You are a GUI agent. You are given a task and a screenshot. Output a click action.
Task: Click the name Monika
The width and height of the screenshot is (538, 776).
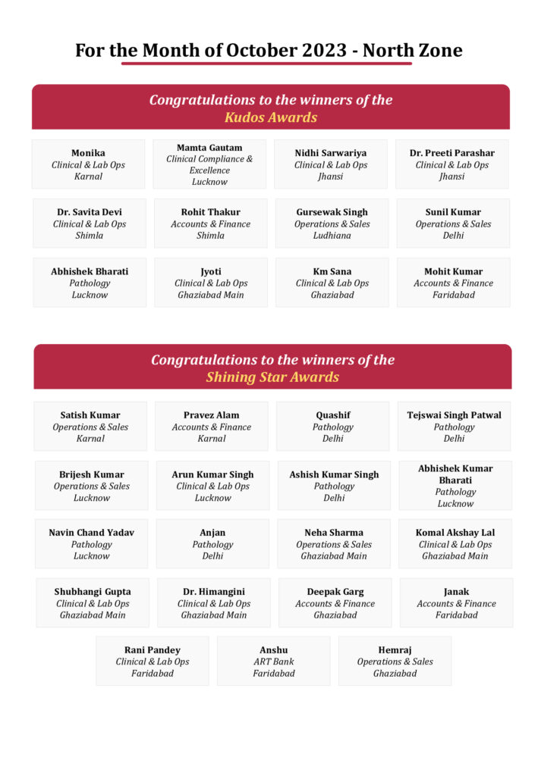click(88, 153)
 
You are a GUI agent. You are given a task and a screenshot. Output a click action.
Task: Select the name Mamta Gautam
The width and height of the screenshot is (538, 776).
click(209, 148)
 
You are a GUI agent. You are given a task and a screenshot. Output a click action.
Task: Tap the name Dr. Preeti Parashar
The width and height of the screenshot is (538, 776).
click(452, 153)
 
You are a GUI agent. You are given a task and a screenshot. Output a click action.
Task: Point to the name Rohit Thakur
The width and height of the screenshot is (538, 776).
click(210, 212)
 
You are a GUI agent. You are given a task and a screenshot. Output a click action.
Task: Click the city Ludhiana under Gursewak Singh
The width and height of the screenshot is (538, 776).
click(332, 236)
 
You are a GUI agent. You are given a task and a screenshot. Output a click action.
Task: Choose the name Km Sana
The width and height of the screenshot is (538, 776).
click(332, 271)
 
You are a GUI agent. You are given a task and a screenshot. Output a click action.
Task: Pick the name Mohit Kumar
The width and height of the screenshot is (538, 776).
click(453, 271)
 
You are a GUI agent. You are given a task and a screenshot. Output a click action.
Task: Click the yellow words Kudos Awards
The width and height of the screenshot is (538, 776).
click(271, 117)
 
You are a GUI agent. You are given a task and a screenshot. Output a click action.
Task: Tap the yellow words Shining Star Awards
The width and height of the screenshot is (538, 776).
click(272, 377)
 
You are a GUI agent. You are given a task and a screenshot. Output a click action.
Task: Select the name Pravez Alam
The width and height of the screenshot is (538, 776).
click(211, 415)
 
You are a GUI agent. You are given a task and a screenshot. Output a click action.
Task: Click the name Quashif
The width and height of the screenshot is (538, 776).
click(332, 415)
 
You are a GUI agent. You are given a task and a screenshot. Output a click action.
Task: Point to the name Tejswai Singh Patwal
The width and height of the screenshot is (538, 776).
click(454, 415)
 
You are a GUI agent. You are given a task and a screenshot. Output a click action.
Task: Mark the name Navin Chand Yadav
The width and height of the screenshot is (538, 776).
click(91, 533)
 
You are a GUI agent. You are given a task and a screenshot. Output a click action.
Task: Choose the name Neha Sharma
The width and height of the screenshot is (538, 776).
click(334, 533)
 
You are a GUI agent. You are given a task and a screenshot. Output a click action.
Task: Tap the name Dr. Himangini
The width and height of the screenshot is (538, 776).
click(214, 592)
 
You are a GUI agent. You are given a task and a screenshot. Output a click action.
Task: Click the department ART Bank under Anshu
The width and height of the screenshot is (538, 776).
click(273, 662)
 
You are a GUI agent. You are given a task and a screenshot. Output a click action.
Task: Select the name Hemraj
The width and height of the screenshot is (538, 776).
click(395, 650)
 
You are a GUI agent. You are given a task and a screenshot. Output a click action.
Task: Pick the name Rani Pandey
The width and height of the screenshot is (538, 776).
click(152, 650)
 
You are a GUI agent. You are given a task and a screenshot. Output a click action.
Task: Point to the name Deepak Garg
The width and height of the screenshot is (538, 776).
click(335, 592)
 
